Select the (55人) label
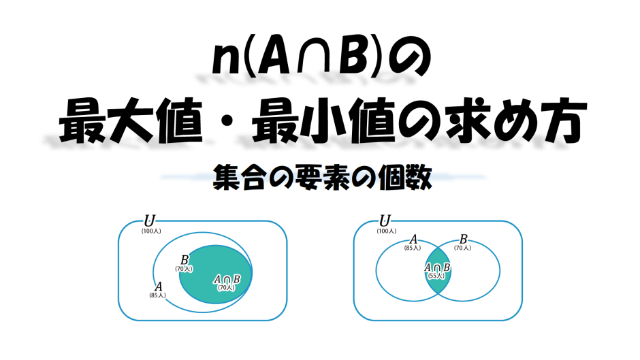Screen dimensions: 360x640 click(x=437, y=276)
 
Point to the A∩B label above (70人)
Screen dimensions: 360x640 click(x=227, y=279)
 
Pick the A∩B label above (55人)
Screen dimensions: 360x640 click(x=437, y=267)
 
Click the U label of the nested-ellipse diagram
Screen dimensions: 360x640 click(x=149, y=220)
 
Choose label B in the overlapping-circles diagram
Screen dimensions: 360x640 click(x=463, y=240)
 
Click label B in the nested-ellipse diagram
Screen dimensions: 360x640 click(x=185, y=260)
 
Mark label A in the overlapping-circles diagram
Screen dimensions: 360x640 click(x=413, y=240)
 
